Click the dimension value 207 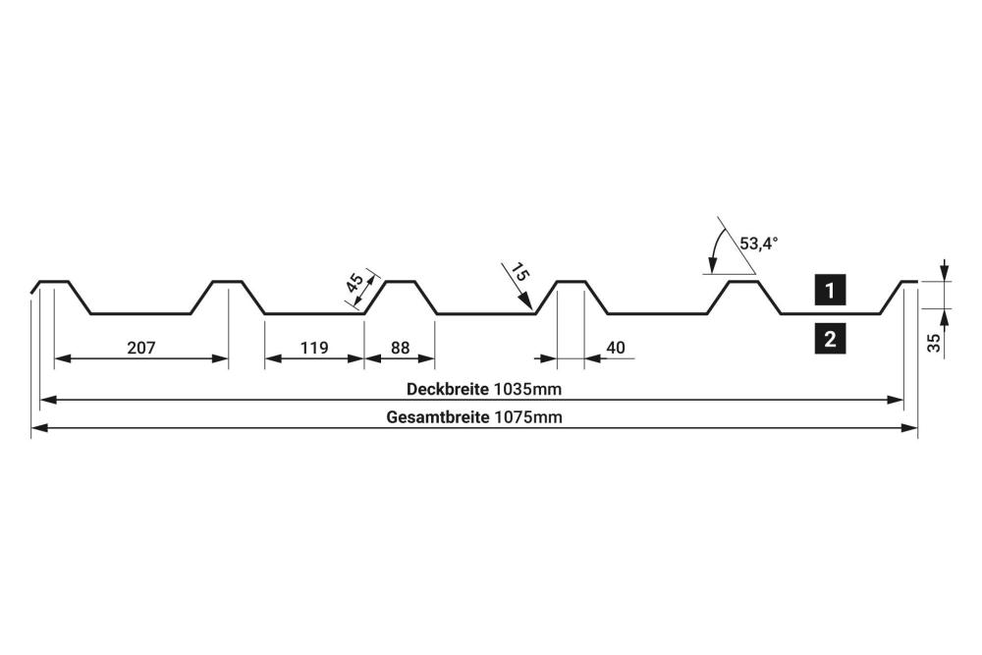(x=141, y=347)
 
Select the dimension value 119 (x=314, y=347)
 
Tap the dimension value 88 (x=400, y=347)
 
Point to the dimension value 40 (x=616, y=347)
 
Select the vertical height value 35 (x=934, y=342)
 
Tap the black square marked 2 (x=831, y=340)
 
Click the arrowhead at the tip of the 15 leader (x=529, y=305)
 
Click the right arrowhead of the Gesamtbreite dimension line (x=910, y=428)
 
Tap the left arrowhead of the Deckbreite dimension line (x=46, y=400)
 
